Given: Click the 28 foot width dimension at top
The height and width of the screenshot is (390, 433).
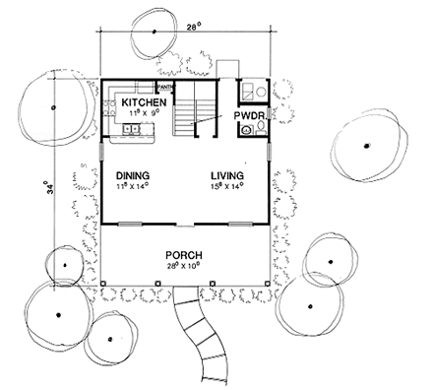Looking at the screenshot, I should tap(192, 30).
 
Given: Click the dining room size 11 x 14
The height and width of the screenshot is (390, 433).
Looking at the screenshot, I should tap(132, 187).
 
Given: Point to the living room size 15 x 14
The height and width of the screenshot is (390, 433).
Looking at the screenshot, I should tap(226, 187).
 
